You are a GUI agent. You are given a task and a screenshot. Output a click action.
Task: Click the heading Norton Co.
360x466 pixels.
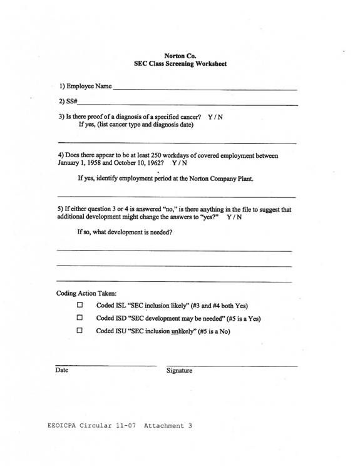180,56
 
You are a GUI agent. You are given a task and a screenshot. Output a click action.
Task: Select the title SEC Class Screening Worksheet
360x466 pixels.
180,64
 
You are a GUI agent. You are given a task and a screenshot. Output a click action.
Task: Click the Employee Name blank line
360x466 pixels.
205,90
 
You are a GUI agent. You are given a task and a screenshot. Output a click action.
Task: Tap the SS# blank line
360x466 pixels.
187,104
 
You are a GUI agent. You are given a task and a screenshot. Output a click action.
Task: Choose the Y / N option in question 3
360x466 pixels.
215,117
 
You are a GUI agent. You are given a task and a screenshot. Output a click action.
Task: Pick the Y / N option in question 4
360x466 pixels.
179,162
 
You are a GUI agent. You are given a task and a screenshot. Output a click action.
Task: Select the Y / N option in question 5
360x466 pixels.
234,217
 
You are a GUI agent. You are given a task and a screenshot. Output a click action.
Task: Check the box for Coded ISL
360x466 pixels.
80,306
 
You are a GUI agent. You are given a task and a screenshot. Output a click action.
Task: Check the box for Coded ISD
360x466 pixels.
80,318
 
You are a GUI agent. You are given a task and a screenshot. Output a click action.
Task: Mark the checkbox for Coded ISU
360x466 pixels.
80,331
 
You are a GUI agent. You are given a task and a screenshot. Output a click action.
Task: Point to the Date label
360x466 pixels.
62,370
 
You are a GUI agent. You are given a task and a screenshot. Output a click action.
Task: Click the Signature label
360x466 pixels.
179,371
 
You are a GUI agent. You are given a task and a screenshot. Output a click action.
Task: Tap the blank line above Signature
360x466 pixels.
232,365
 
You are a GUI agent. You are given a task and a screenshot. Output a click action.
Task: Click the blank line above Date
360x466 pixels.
105,365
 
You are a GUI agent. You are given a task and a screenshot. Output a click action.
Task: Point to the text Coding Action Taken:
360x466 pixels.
86,293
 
